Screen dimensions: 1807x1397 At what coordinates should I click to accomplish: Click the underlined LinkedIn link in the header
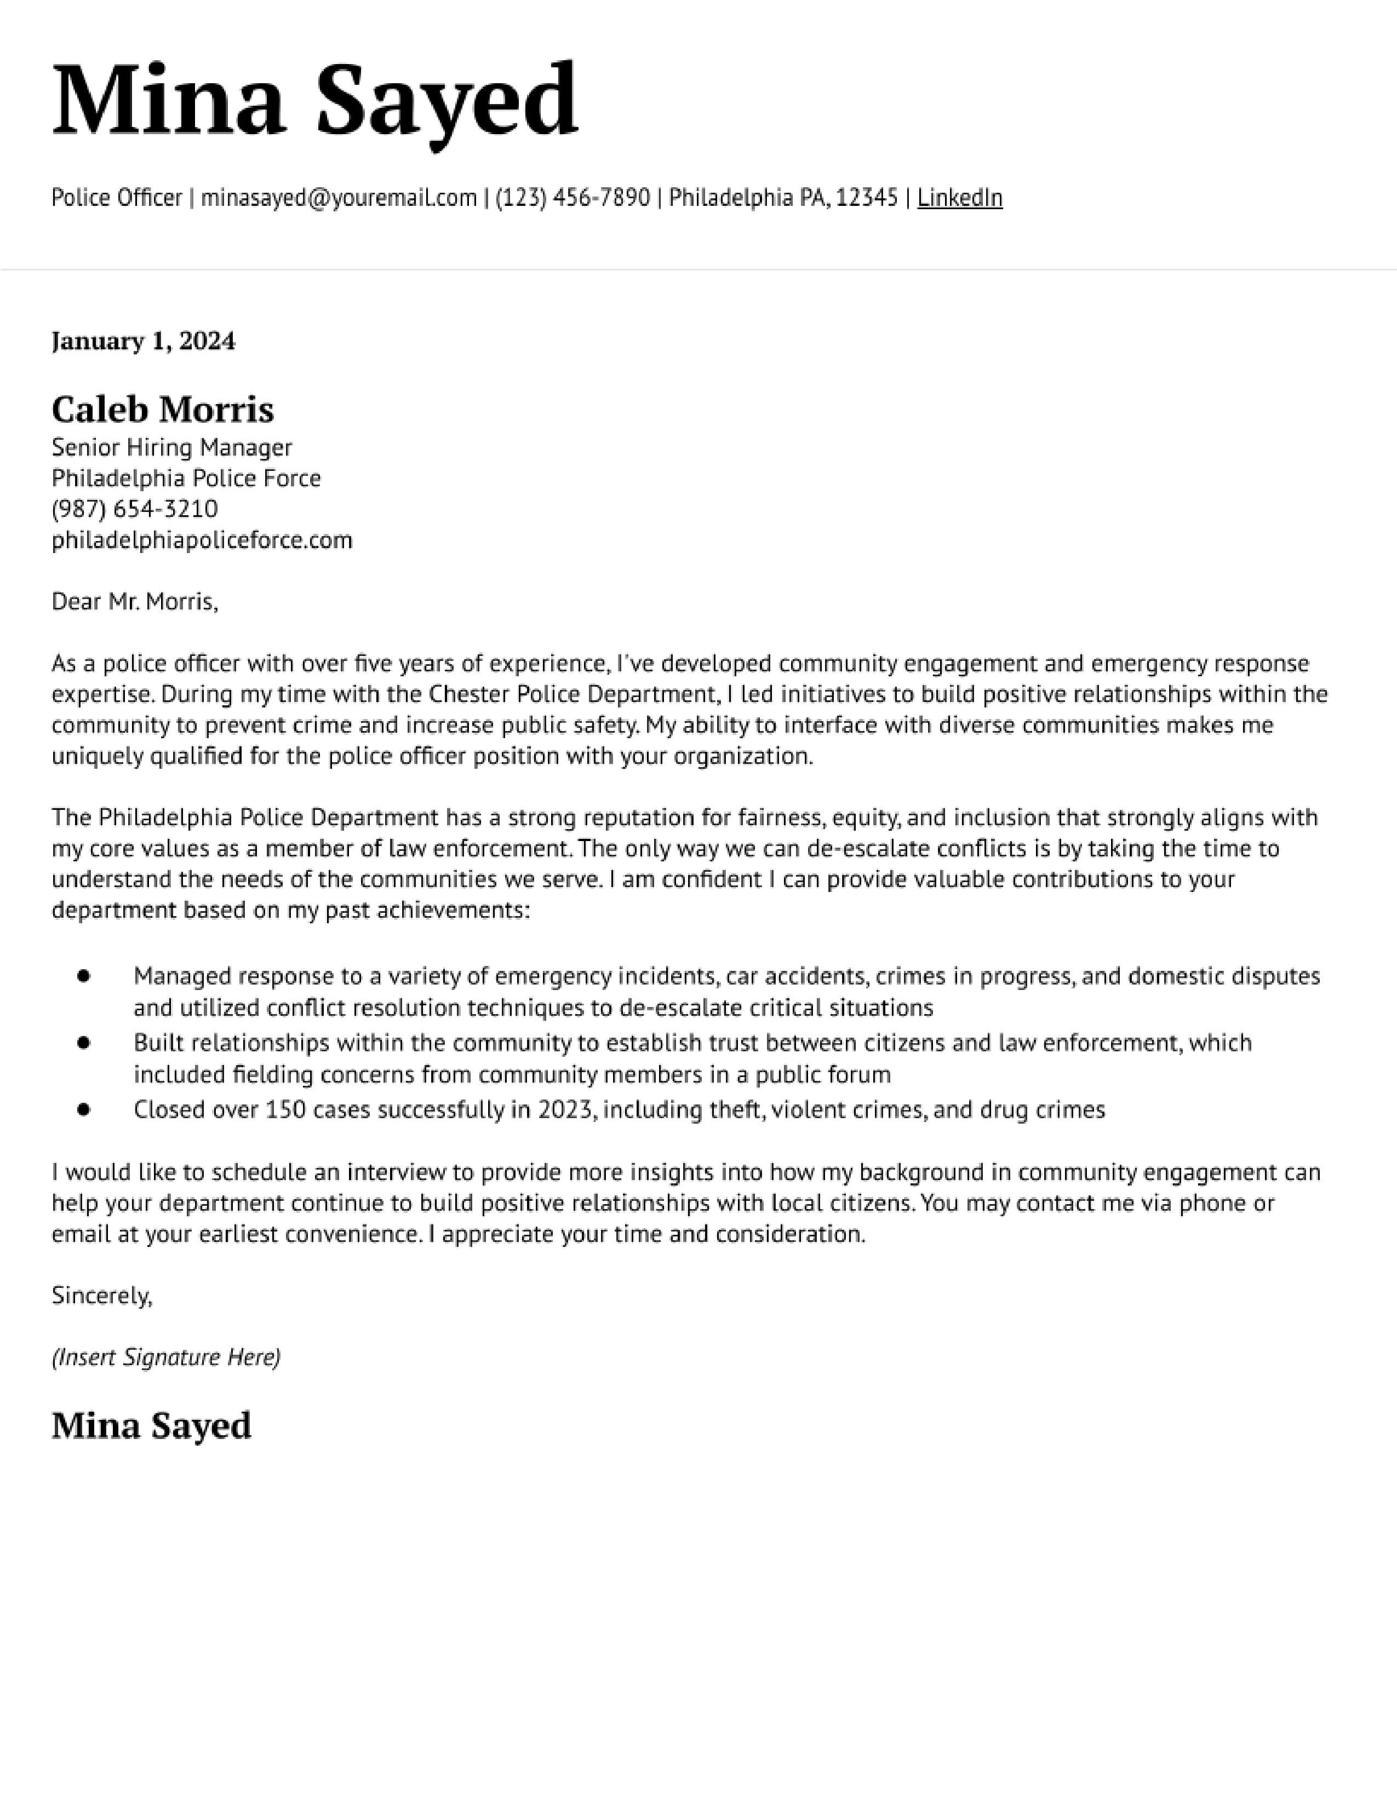coord(959,198)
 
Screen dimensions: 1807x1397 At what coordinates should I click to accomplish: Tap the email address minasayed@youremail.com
coord(339,198)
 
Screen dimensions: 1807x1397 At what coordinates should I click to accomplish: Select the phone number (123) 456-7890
coord(572,198)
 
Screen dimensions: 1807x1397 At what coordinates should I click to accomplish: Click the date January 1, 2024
coord(143,341)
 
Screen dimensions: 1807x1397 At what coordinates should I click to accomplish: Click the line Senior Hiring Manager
coord(171,447)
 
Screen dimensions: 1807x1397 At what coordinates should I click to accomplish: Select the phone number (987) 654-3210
coord(134,509)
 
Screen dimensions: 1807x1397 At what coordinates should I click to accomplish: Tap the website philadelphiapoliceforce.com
coord(202,540)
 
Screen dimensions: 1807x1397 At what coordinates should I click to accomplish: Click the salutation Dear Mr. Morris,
coord(134,601)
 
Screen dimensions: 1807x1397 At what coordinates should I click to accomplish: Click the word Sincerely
coord(101,1295)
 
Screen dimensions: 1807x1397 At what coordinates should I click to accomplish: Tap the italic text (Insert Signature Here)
coord(165,1357)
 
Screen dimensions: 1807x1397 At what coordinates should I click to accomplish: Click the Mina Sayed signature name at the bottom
coord(151,1425)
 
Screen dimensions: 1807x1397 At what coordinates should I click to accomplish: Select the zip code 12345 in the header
coord(867,198)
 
